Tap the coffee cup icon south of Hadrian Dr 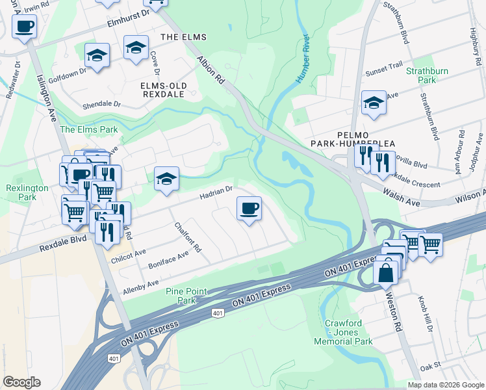[x=249, y=209]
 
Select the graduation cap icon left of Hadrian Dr [x=166, y=179]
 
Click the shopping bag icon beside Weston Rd [x=386, y=273]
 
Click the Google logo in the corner [x=21, y=382]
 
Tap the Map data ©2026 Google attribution [x=446, y=385]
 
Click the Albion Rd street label [x=211, y=68]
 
